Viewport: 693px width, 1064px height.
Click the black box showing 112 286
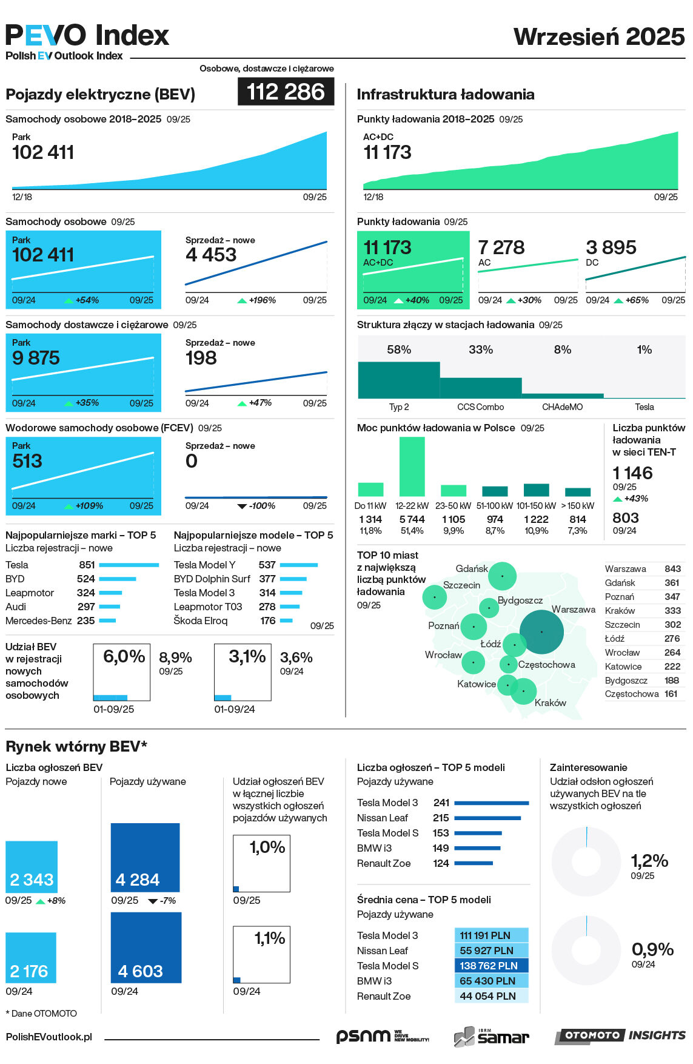(286, 92)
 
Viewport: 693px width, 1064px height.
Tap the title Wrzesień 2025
(599, 37)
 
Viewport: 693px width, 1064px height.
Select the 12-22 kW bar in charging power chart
(412, 466)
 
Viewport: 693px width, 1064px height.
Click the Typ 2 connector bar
(398, 380)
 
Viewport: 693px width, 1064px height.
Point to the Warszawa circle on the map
(541, 631)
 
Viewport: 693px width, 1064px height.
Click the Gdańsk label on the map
(472, 568)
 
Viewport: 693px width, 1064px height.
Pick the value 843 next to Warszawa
(672, 569)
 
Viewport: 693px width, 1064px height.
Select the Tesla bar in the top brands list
(129, 565)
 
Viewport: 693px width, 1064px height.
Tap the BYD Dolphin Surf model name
(212, 579)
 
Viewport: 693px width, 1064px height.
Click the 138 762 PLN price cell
(490, 966)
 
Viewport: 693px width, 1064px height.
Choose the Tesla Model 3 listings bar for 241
(491, 803)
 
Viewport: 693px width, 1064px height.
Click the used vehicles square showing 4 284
(146, 857)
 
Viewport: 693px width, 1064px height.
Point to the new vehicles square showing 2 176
(31, 958)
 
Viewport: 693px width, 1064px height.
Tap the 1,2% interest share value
(649, 861)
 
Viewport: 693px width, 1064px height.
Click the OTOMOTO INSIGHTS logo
(620, 1035)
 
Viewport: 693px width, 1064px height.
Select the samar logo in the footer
(492, 1037)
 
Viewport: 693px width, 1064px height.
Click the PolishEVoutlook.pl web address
(49, 1037)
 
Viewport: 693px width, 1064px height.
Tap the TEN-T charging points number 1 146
(632, 473)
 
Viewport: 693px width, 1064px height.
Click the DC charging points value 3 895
(611, 247)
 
